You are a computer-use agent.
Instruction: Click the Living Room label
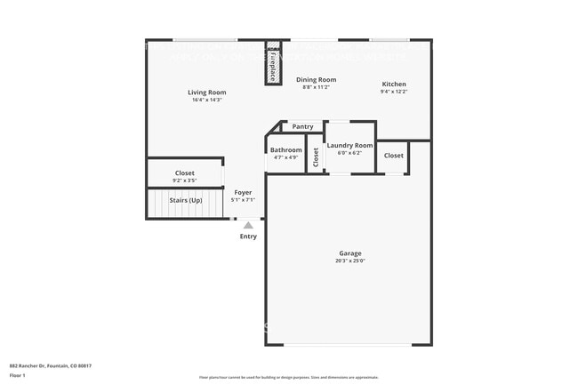coord(206,92)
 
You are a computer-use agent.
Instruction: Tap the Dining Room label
coord(316,80)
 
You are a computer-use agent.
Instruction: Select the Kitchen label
coord(394,84)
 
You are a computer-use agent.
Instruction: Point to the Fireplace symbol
coord(273,64)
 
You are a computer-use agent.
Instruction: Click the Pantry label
coord(302,127)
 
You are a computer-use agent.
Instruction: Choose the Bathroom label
coord(285,150)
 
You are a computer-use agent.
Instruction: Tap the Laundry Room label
coord(349,145)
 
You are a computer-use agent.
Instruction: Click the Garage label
coord(349,253)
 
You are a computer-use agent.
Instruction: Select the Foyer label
coord(243,192)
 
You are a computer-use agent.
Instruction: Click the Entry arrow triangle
coord(248,225)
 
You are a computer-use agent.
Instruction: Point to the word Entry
coord(248,237)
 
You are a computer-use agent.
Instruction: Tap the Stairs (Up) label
coord(186,200)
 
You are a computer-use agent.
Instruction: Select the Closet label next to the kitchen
coord(393,156)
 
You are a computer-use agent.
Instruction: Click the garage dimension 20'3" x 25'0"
coord(349,261)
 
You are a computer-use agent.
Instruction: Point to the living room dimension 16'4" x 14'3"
coord(206,100)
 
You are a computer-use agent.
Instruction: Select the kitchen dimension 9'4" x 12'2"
coord(394,92)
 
